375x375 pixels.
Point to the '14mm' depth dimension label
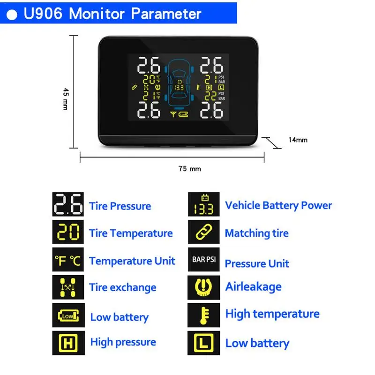pos(298,139)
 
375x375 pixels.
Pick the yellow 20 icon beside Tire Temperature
pos(67,232)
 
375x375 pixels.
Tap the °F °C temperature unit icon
pos(67,260)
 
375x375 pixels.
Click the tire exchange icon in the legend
pos(67,287)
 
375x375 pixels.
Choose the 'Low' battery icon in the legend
pos(67,316)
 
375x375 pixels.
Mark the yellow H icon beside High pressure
pos(67,343)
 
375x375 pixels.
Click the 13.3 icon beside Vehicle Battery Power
pos(204,204)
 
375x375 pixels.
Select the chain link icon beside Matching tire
pos(204,232)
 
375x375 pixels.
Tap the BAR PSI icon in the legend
pos(204,259)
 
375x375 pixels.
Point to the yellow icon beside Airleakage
pos(204,287)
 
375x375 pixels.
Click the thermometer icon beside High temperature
pos(204,315)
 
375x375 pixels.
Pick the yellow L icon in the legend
pos(204,343)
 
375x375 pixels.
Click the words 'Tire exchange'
pos(123,287)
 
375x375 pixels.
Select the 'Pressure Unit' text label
pos(257,263)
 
